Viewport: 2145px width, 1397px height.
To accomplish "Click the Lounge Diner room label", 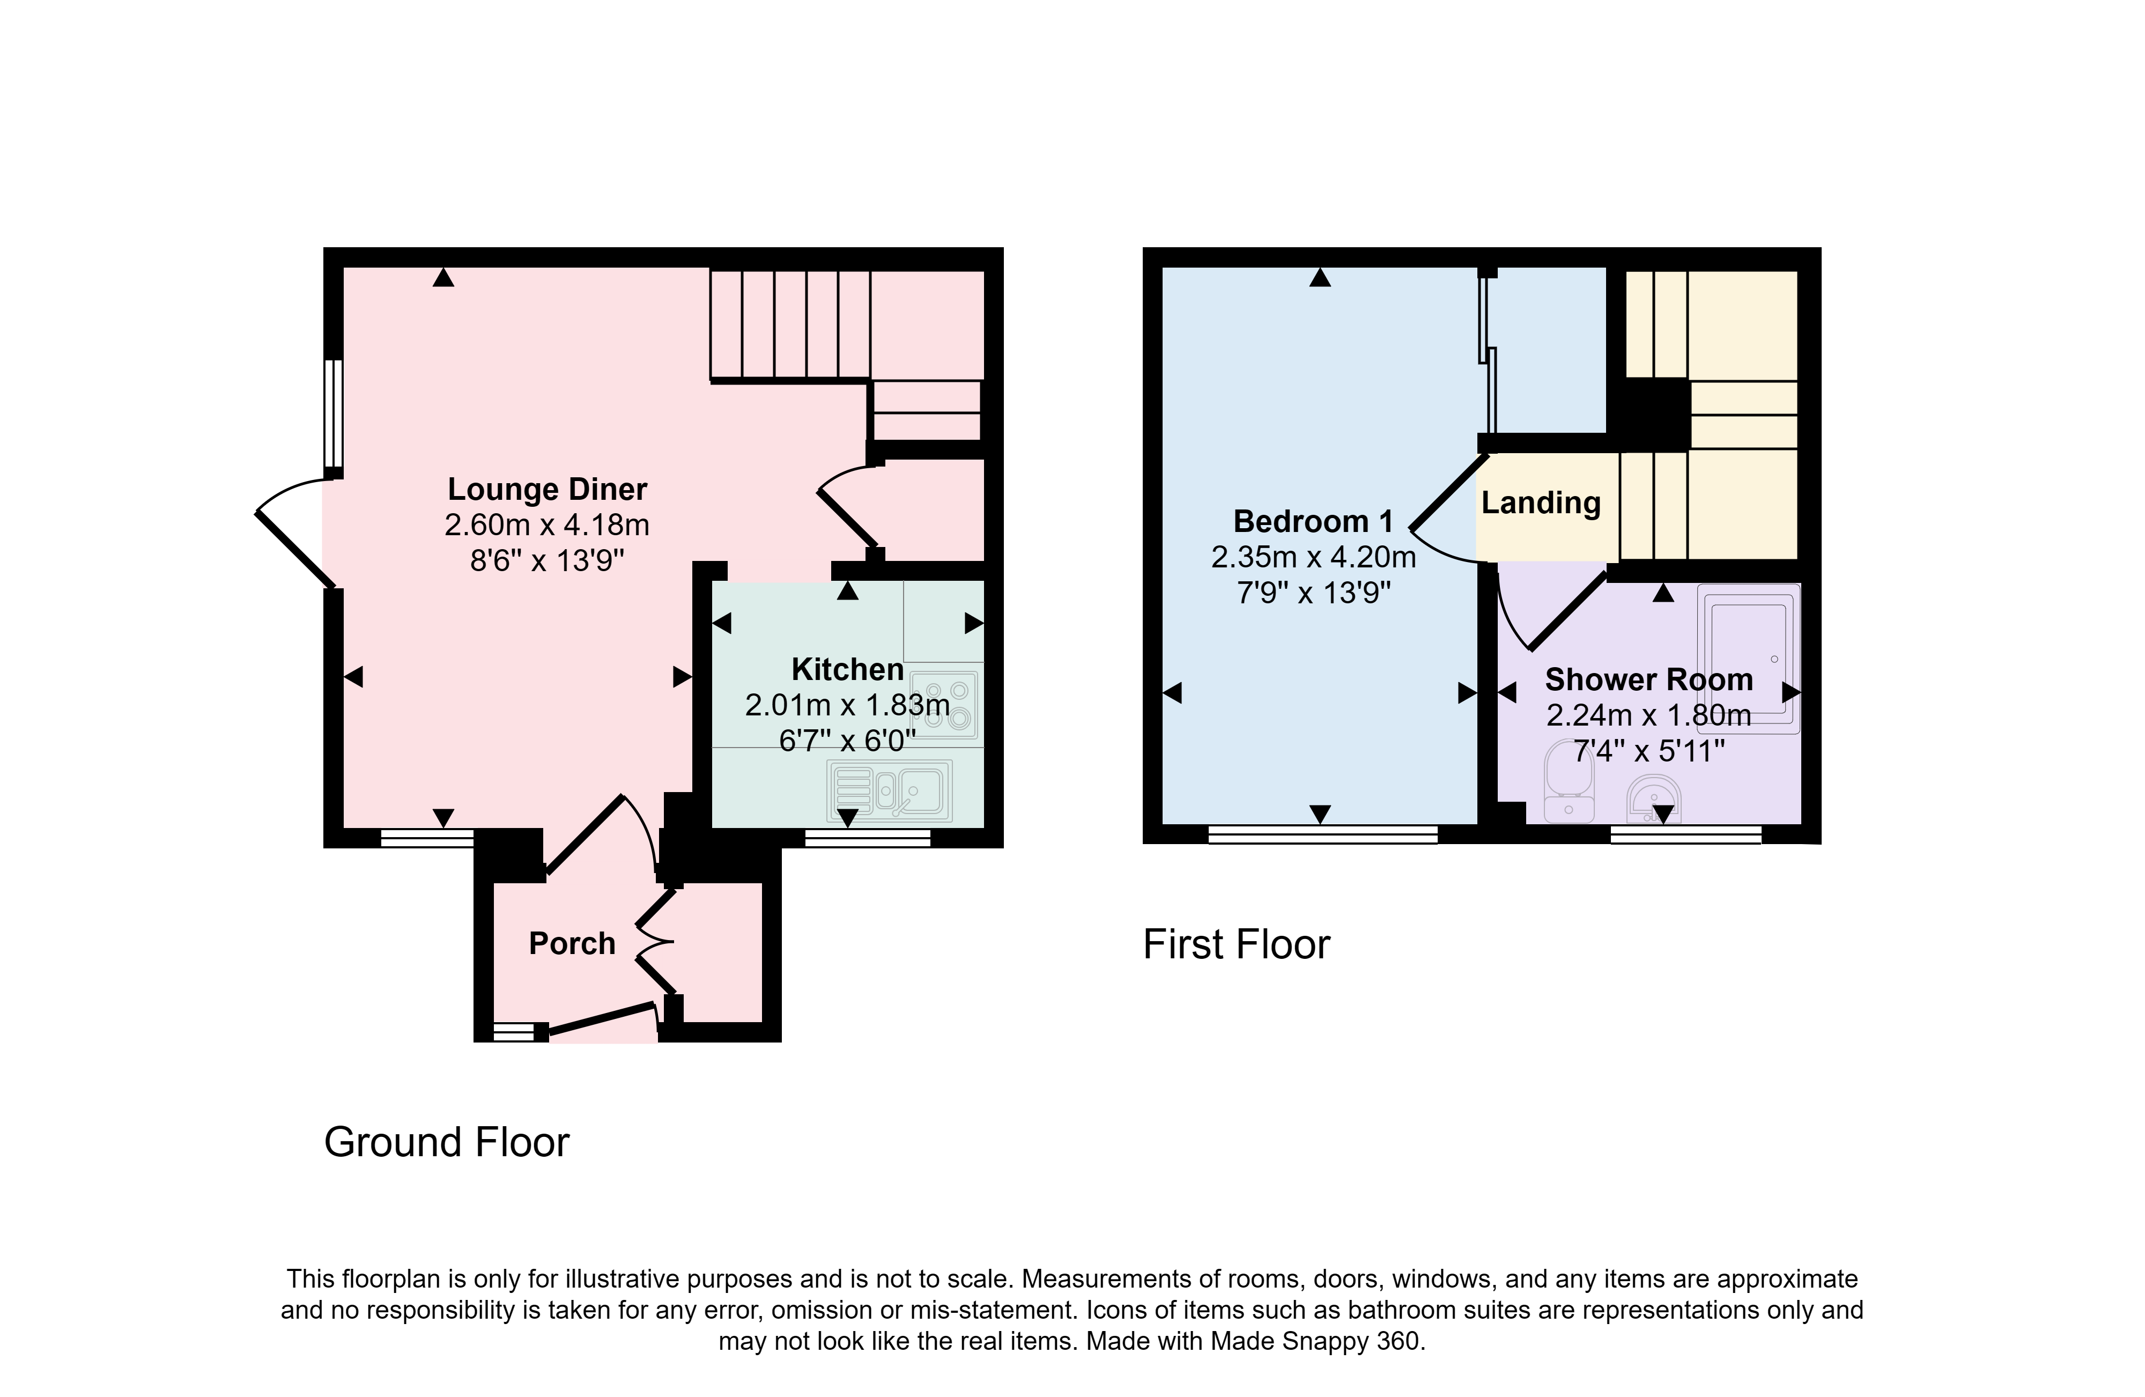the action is coord(547,490).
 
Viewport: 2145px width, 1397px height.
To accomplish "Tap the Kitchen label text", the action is coord(847,670).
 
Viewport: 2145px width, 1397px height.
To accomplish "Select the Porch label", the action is coord(572,944).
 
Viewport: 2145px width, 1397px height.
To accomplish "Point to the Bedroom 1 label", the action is coord(1313,521).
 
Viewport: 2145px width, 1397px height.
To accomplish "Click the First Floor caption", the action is coord(1237,944).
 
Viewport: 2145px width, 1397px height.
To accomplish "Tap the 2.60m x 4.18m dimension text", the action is coord(547,524).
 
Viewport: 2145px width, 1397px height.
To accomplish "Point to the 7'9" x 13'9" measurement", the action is coord(1313,592).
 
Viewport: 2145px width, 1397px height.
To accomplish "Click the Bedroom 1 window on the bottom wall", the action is coord(1322,834).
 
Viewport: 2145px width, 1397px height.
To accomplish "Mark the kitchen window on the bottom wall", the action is coord(867,838).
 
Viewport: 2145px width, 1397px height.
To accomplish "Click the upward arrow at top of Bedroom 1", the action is coord(1320,278).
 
